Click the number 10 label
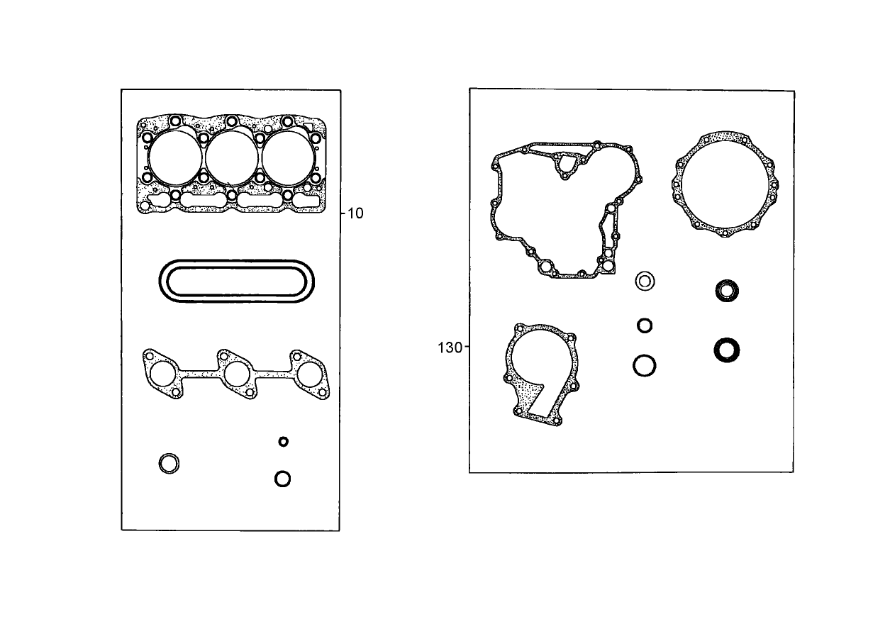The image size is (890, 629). pos(355,213)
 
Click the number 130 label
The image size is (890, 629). pos(450,347)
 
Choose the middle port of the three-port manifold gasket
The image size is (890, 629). pos(237,373)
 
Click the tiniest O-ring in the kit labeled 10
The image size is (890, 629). pos(284,442)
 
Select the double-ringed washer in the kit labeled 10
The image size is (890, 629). pos(169,464)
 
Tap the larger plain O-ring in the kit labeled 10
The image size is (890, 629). pos(282,479)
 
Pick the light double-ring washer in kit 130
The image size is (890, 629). pos(645,281)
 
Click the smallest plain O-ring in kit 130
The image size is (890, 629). pos(645,325)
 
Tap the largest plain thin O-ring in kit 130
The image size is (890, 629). pos(645,366)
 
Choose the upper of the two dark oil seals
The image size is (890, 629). pos(727,290)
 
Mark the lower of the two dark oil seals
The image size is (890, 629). pos(727,349)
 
